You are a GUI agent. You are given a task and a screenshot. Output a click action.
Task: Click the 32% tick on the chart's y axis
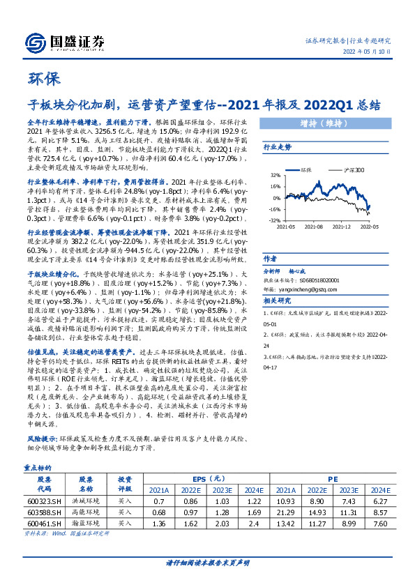coord(276,176)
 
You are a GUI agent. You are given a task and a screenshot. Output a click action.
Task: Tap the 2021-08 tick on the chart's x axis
coord(313,227)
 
